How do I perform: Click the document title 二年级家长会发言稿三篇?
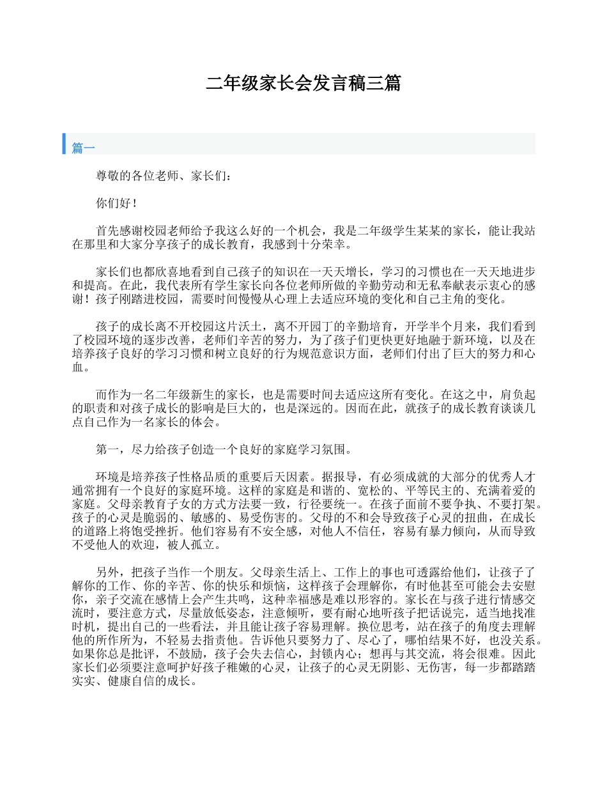(303, 83)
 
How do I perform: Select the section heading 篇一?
(84, 148)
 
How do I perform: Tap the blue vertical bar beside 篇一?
(64, 144)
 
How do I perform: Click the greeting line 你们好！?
(116, 203)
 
